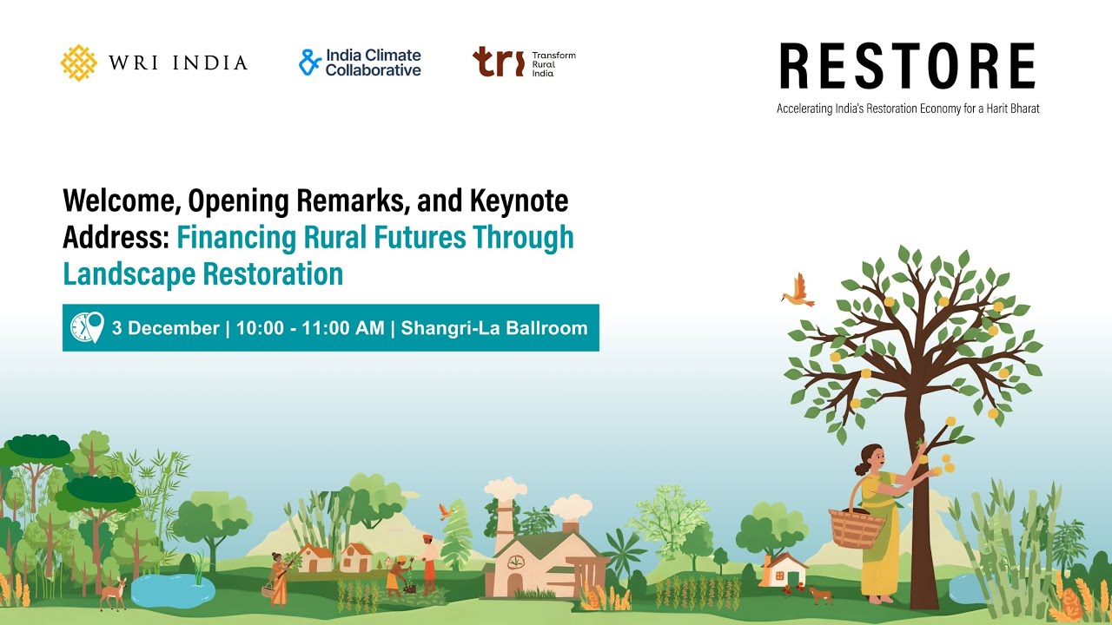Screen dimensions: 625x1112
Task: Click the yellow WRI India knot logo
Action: pos(78,62)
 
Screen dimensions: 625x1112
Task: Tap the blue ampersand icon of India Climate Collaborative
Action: pos(310,62)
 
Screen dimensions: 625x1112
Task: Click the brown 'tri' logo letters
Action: pos(499,62)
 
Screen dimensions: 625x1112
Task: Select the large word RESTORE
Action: pos(907,68)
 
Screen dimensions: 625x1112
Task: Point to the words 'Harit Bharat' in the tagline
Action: pos(1011,109)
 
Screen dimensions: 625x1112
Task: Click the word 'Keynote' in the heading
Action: pos(519,201)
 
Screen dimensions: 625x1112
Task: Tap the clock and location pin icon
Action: pos(87,328)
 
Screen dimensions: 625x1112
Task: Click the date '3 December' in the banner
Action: pos(165,328)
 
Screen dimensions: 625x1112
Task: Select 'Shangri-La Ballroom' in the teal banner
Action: pos(493,328)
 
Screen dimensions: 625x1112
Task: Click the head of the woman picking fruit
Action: pos(871,457)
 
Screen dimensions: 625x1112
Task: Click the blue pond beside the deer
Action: pos(172,588)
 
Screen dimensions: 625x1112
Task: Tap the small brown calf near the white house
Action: pos(819,595)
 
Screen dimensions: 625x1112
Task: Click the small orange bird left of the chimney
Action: pos(447,511)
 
